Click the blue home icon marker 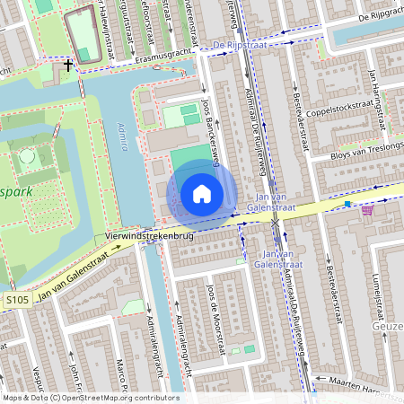202,193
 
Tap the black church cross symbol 68,65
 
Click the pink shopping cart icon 367,210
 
